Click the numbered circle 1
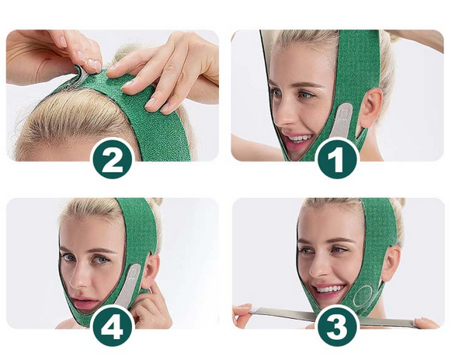(338, 158)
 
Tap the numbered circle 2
(112, 159)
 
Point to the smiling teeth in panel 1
(297, 138)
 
